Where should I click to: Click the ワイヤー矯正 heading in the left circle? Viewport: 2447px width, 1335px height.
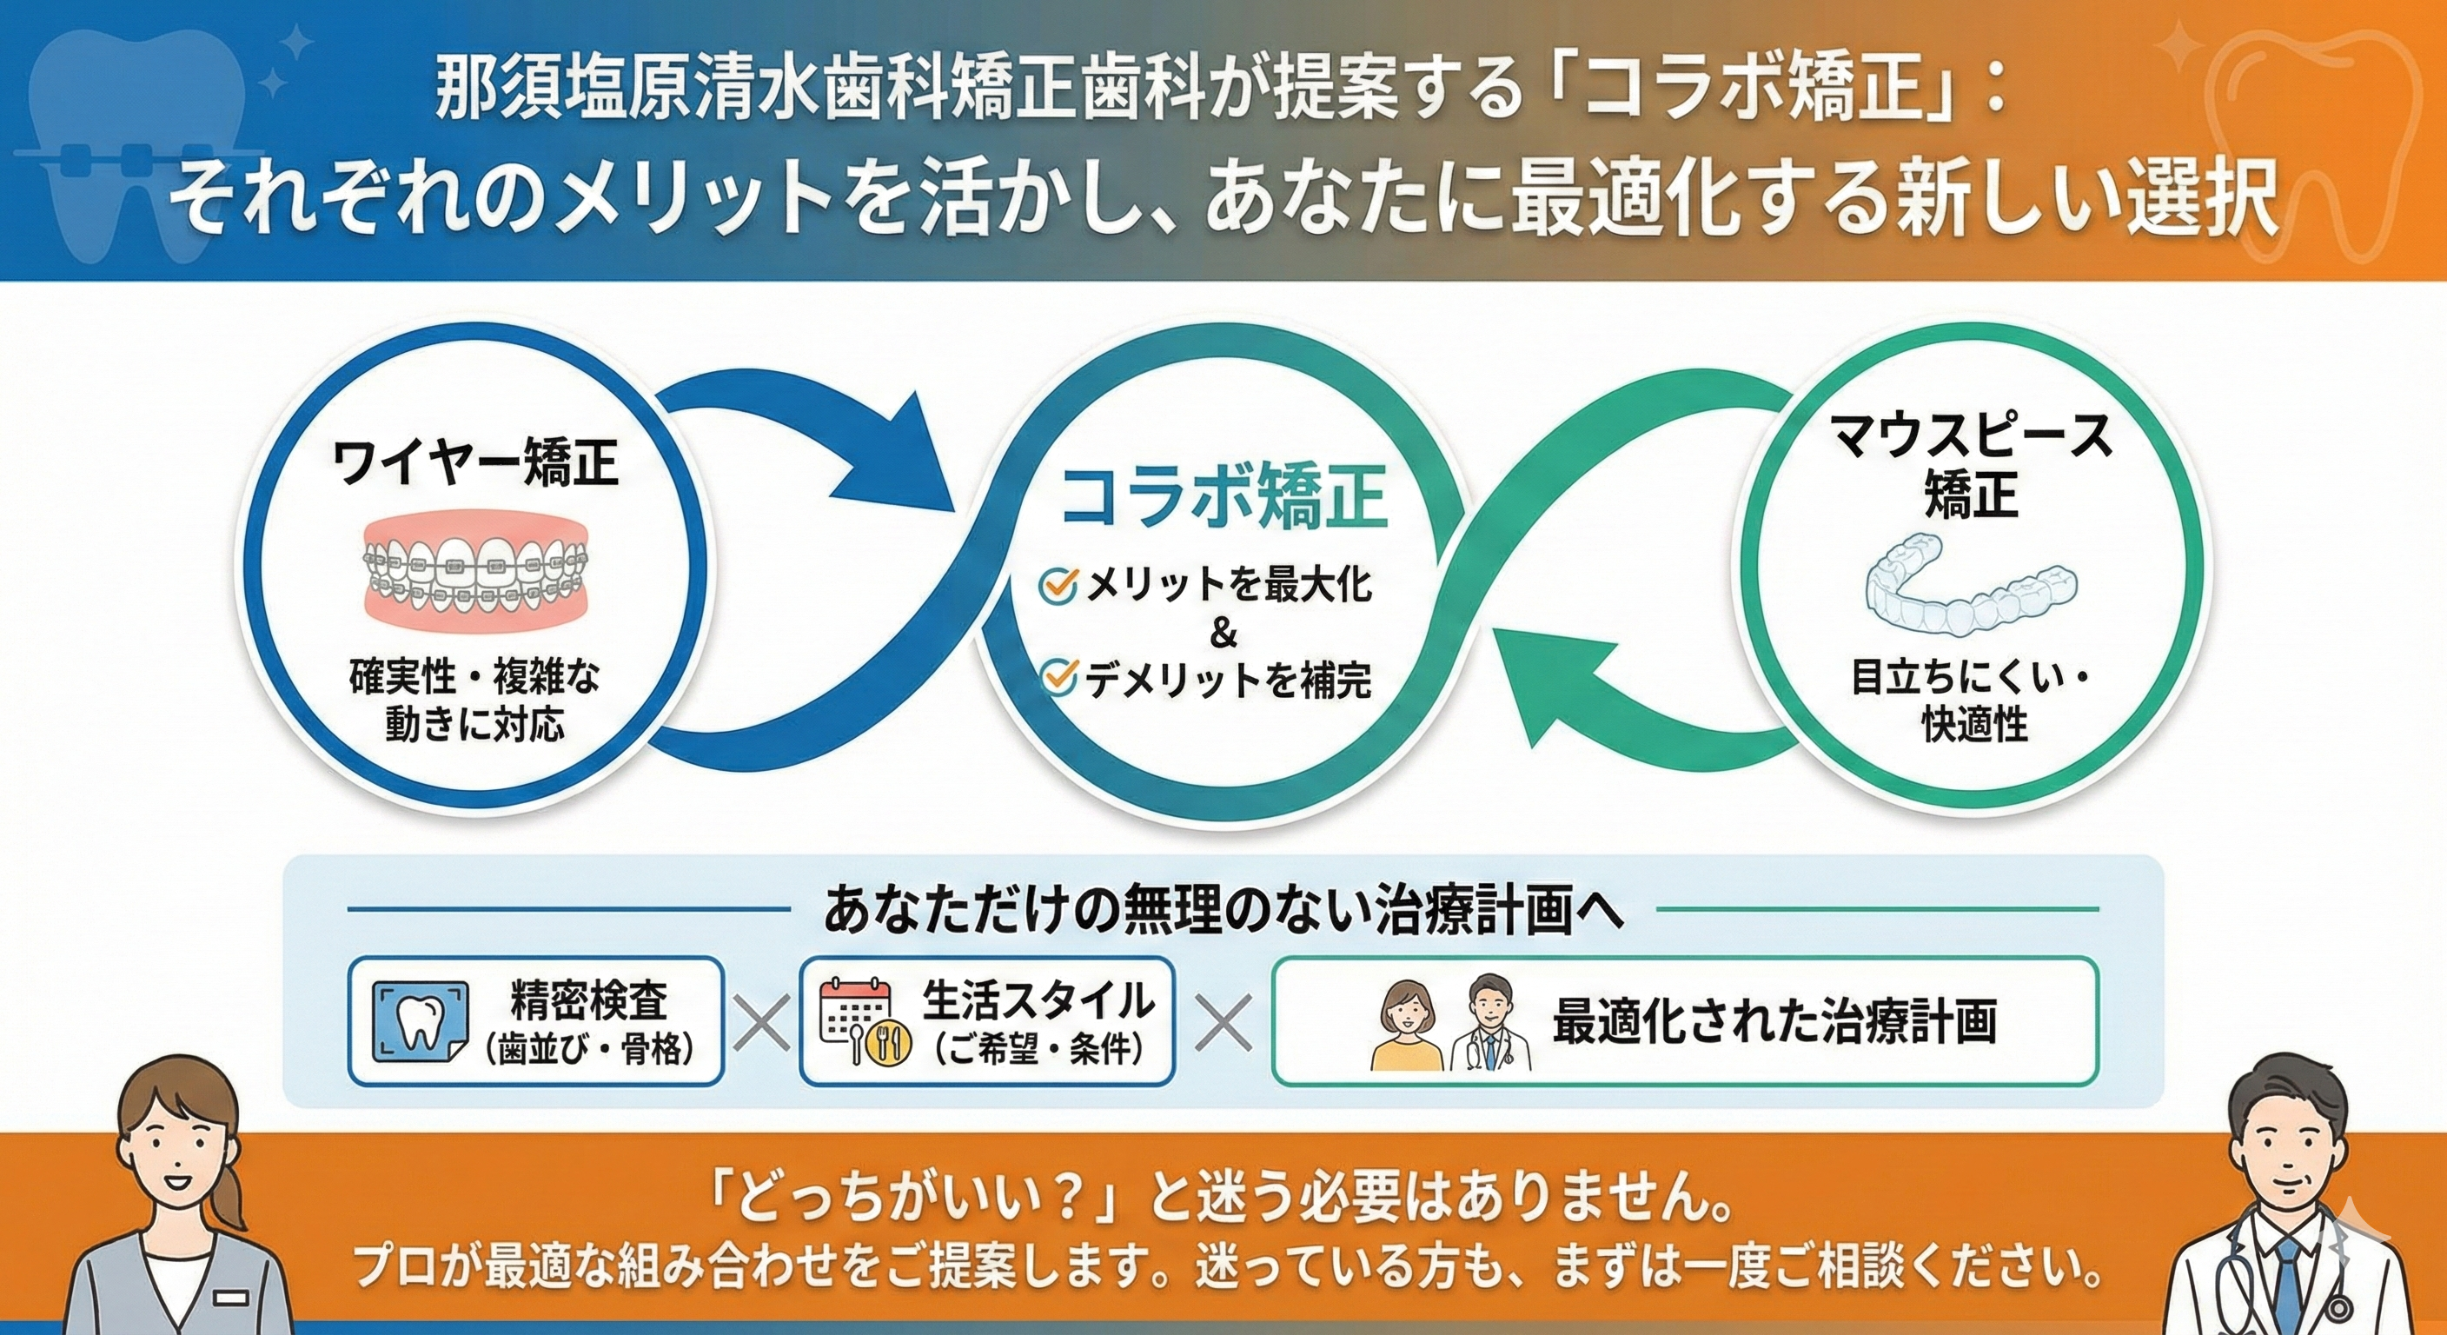475,465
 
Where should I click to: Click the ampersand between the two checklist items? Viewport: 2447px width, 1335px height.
1223,633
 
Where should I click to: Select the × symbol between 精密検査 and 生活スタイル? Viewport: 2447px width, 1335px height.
762,1022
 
